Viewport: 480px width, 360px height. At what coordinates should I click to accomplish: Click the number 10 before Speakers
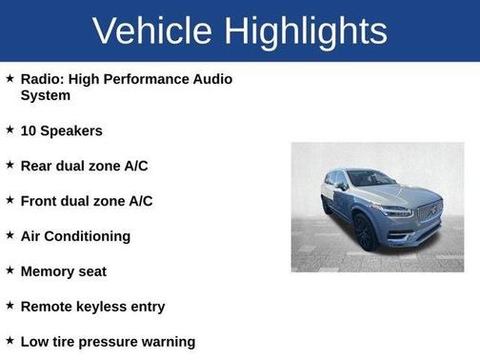pos(29,130)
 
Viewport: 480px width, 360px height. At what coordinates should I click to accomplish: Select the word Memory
pos(47,271)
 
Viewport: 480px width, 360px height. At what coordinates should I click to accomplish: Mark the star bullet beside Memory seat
pos(10,270)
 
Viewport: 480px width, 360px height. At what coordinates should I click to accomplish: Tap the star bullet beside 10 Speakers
pos(10,130)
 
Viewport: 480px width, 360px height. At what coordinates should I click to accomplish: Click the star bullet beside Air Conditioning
pos(10,235)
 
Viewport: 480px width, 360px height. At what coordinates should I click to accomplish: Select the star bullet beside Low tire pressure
pos(10,341)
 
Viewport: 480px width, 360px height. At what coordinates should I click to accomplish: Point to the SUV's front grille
pos(426,211)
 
